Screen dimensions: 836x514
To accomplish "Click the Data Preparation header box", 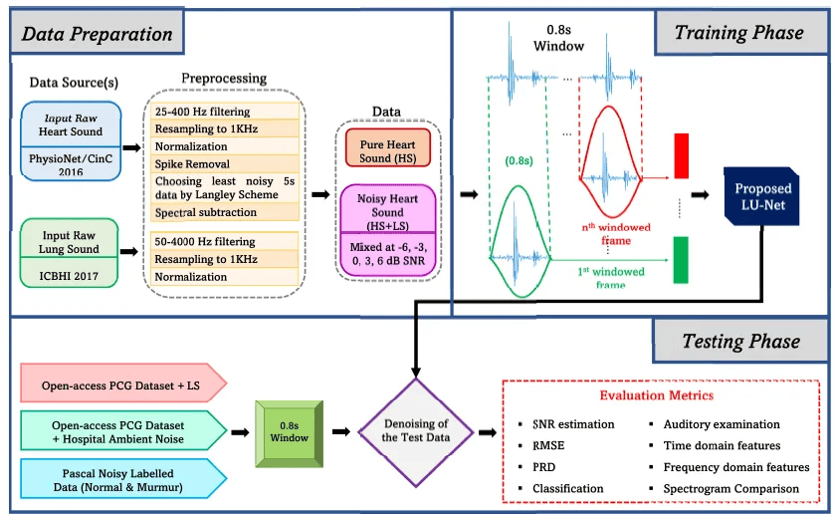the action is [98, 32].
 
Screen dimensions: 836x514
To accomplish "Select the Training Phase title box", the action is [740, 33].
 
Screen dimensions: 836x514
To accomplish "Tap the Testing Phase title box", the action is [740, 341].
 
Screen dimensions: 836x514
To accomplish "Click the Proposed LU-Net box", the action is [761, 196].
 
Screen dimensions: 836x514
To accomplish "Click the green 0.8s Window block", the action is [289, 434].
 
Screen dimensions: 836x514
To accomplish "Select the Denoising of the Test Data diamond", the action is [416, 431].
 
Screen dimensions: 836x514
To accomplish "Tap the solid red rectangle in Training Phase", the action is [681, 155].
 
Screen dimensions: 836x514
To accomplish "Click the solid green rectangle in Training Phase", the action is [681, 260].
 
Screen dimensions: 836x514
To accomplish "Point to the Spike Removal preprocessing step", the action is [192, 163].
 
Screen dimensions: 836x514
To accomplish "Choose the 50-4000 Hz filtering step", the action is [205, 241].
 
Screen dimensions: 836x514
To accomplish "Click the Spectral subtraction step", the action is [206, 212].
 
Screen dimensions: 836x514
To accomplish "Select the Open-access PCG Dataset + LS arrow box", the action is [123, 384].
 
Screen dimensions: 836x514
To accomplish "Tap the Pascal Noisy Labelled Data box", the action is [123, 479].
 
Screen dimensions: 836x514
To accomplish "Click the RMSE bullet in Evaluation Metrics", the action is [548, 445].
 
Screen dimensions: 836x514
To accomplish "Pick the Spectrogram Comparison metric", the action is [731, 488].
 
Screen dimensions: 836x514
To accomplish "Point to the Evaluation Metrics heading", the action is [656, 395].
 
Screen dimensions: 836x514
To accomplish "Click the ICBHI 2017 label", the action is [69, 276].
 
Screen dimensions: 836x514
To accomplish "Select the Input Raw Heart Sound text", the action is [71, 125].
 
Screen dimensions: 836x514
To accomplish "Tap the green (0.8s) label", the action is [519, 160].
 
